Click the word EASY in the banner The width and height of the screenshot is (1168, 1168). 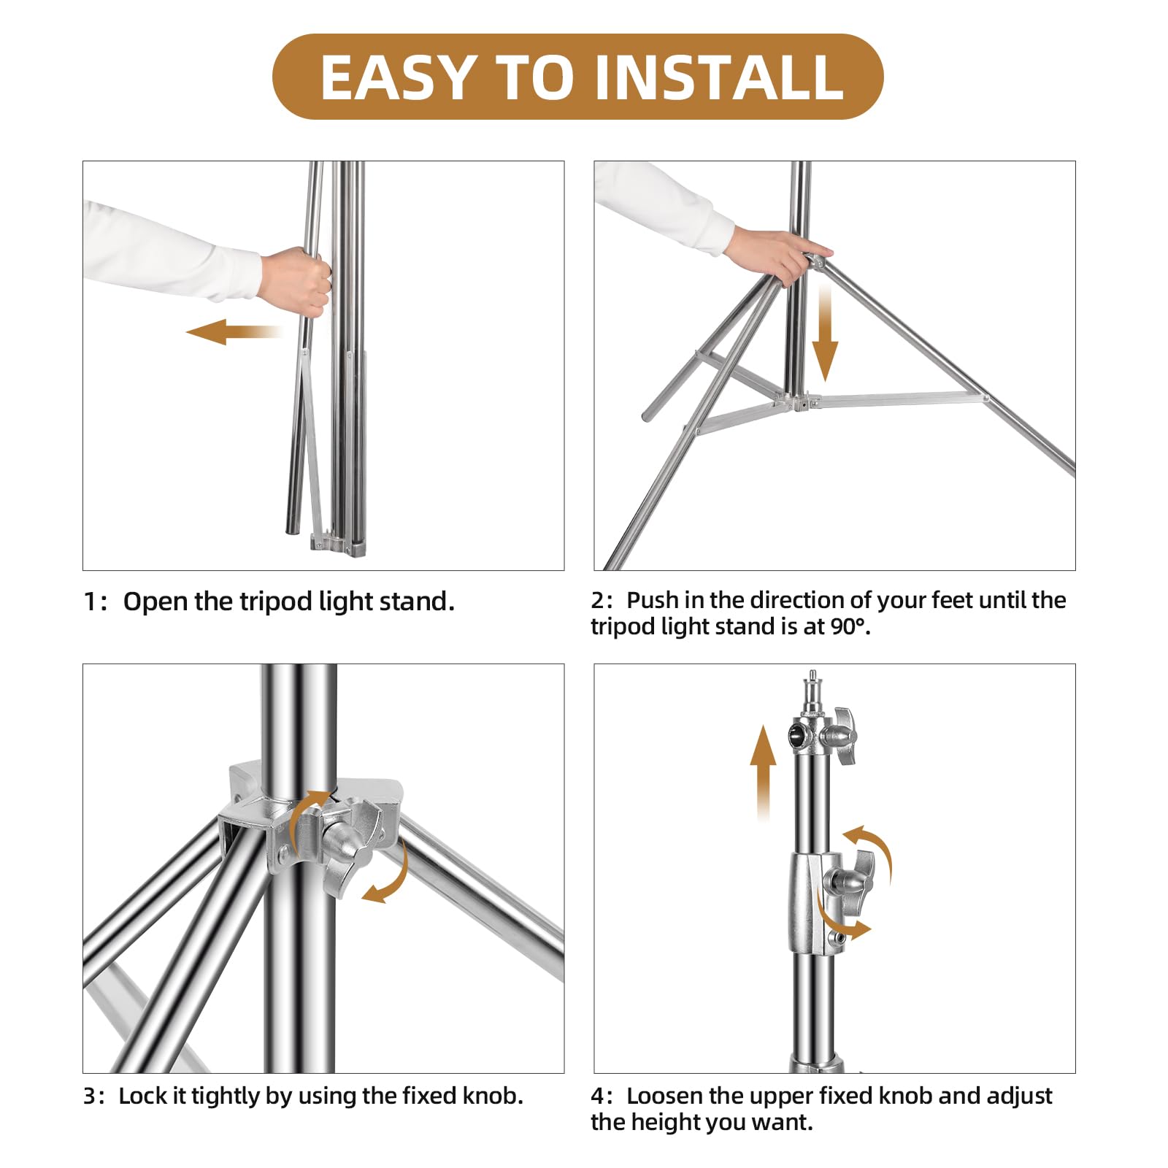(x=399, y=77)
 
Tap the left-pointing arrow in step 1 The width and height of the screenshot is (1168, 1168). (x=234, y=331)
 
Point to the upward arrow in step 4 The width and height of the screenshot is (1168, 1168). (x=764, y=773)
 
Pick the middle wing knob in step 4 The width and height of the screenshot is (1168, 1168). (x=850, y=882)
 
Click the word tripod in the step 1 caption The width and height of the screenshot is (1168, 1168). (x=277, y=602)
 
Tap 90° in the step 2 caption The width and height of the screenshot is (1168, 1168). (x=849, y=627)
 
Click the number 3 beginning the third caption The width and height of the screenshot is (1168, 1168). (x=89, y=1096)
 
